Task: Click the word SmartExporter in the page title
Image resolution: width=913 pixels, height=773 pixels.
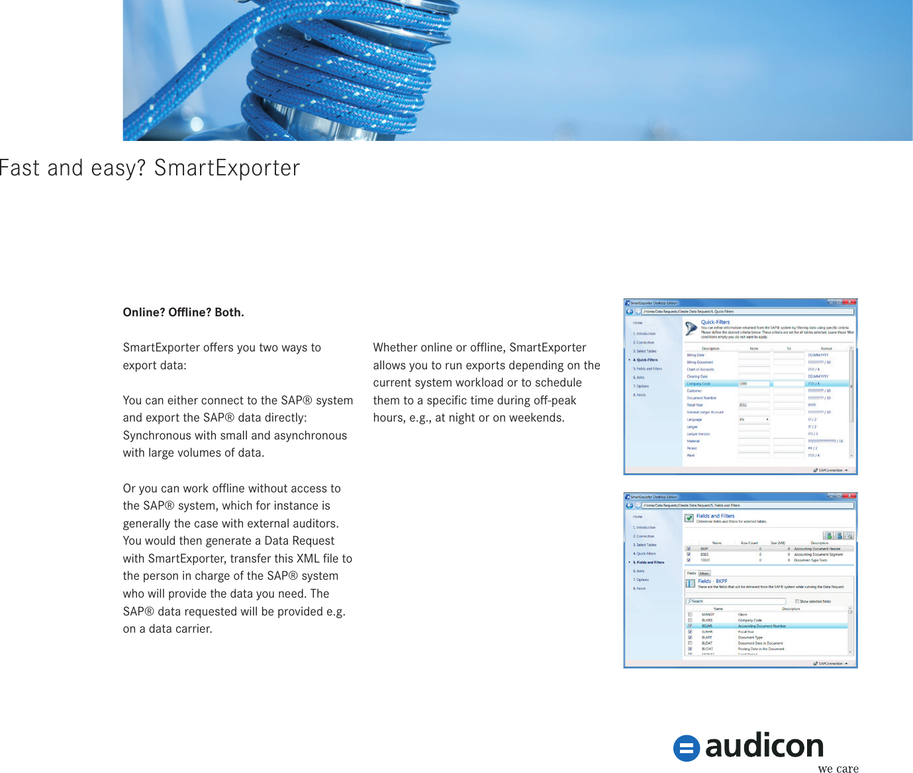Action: click(x=227, y=168)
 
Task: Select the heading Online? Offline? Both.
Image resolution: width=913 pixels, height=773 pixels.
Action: click(x=183, y=312)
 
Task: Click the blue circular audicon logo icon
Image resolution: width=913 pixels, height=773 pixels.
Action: click(x=687, y=749)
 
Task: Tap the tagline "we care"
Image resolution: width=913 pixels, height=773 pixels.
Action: click(x=838, y=768)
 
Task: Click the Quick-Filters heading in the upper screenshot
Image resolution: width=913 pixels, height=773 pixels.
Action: click(x=715, y=322)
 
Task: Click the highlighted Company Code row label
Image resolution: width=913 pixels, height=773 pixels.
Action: click(x=698, y=384)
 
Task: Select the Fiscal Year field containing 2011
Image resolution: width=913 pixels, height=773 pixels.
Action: click(x=753, y=405)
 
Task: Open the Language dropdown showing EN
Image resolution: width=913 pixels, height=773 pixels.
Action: click(x=754, y=420)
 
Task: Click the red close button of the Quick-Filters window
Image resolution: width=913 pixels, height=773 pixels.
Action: click(x=851, y=302)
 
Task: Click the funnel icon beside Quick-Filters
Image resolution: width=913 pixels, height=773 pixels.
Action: click(x=691, y=328)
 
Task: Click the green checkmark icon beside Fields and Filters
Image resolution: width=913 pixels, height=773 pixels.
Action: click(x=689, y=518)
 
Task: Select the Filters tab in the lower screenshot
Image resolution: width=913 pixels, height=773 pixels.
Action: click(x=704, y=574)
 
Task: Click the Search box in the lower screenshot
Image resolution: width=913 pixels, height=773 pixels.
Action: click(x=735, y=602)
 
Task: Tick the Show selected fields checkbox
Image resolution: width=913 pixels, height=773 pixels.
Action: click(x=796, y=602)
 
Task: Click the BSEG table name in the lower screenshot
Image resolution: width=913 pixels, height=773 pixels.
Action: click(x=704, y=555)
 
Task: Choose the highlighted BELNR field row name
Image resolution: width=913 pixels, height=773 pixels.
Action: click(x=707, y=626)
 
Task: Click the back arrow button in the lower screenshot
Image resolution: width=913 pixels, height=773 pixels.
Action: click(x=630, y=506)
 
